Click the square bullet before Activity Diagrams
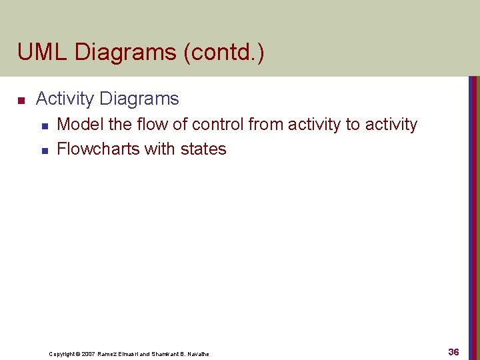coord(21,101)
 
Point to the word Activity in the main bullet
coord(65,99)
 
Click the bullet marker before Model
coord(45,125)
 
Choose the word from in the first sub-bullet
coord(265,125)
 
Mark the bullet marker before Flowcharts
coord(45,150)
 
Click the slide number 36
coord(453,352)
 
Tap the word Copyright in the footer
coord(61,354)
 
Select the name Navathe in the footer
coord(197,354)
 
